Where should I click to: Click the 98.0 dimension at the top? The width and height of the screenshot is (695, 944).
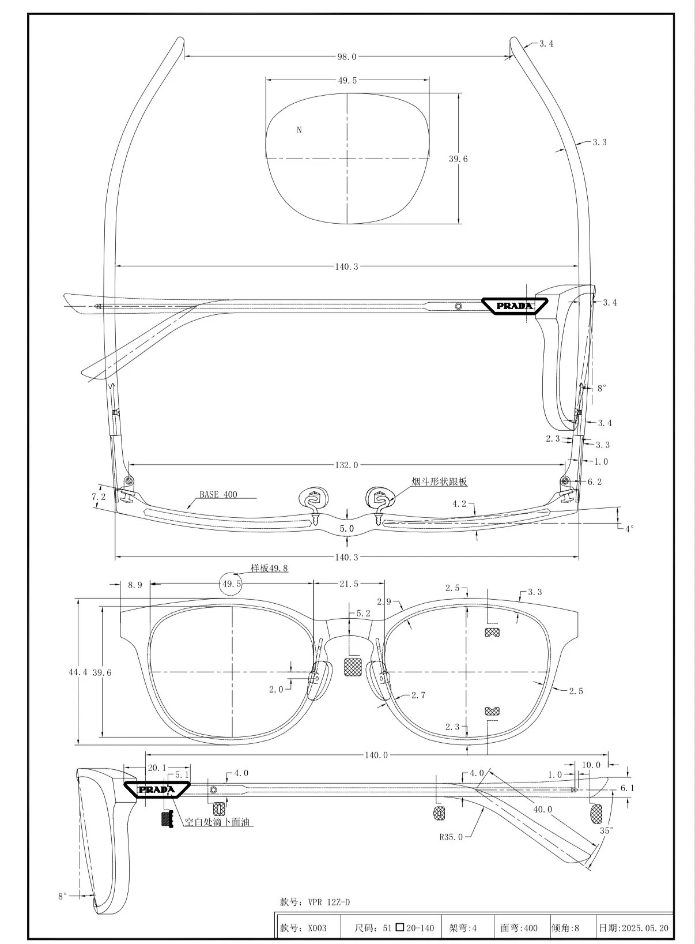click(x=347, y=57)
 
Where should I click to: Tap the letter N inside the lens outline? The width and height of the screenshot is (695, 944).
click(x=299, y=130)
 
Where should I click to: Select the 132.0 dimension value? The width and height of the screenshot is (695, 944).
click(x=347, y=465)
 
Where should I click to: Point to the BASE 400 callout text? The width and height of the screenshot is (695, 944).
click(x=218, y=494)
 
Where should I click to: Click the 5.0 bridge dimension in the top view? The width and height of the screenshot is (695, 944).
click(x=347, y=528)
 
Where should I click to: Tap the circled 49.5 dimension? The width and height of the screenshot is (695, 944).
click(x=232, y=584)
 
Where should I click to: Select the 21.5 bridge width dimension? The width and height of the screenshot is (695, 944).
click(x=349, y=584)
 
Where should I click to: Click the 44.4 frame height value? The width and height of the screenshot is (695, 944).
click(x=78, y=672)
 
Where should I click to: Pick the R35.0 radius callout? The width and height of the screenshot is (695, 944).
click(x=451, y=837)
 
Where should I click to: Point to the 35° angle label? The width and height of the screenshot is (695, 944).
click(x=607, y=830)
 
